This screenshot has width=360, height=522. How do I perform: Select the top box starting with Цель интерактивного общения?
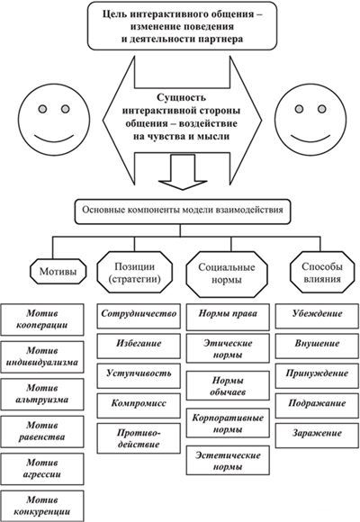[x=179, y=26]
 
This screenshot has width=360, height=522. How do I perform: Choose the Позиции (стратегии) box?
[x=131, y=270]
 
